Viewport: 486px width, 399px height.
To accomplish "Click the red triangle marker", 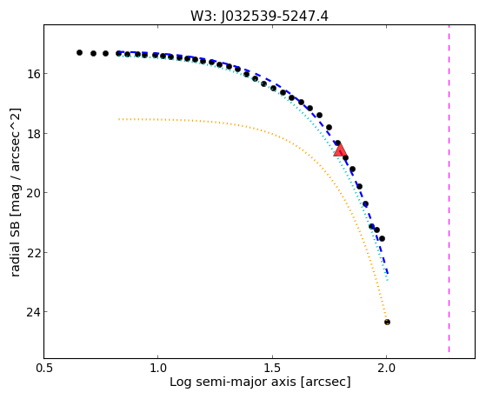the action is [340, 150].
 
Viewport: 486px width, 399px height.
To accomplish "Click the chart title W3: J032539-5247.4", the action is [259, 16].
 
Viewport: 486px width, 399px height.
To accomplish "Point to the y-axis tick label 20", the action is [32, 193].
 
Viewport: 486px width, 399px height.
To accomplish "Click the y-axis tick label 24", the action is [32, 312].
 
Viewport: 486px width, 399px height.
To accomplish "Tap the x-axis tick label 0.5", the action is [44, 368].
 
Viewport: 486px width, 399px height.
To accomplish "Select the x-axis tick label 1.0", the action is [158, 368].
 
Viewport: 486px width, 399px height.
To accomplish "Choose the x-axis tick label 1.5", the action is [272, 368].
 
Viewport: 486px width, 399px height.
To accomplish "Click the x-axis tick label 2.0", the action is [387, 368].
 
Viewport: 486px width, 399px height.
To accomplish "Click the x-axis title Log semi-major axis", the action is [233, 382].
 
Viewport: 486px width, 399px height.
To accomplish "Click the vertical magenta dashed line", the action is [449, 189].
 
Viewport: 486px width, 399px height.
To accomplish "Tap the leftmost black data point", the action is [80, 52].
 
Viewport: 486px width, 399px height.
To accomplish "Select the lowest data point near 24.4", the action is [387, 323].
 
